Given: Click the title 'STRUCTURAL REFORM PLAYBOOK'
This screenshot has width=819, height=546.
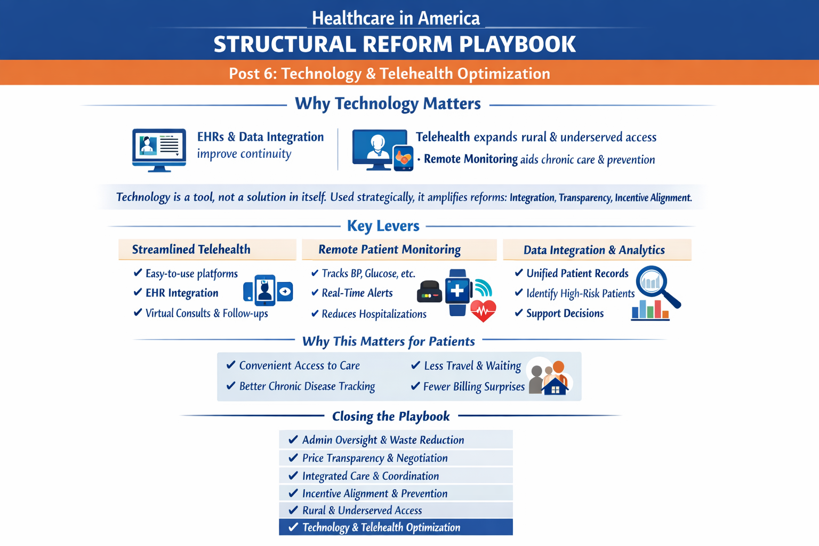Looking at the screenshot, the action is coord(395,44).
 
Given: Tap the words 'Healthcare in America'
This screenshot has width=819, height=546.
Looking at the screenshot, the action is coord(396,18).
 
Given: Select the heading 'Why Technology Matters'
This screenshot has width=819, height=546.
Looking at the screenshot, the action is coord(388,103).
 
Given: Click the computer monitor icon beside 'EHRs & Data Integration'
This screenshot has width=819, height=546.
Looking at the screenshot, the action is coord(159,150).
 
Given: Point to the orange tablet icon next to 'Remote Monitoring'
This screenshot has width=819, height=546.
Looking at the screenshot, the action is coord(404,158).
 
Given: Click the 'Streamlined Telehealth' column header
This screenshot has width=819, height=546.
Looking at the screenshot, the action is coord(207,250).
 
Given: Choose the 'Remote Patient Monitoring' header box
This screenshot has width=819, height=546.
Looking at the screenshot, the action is coord(399,250).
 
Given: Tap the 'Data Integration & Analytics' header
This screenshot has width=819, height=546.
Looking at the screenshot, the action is coord(597,250).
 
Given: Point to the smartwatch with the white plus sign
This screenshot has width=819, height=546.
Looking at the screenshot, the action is coord(457,292).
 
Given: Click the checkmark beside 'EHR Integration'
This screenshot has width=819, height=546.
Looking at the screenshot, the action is coord(138,292).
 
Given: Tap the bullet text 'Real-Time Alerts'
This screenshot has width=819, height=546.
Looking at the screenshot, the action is coord(357,293).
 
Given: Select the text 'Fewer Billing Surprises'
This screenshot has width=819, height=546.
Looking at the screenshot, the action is coord(474,387).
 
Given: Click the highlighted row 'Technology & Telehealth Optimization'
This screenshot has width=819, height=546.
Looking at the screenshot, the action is coord(396,527).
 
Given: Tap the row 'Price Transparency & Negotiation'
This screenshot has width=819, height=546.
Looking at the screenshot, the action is coord(396,458).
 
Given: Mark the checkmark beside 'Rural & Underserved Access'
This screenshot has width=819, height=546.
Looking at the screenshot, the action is coord(293,510).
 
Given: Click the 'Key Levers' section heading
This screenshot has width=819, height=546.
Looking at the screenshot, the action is coord(383,226).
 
